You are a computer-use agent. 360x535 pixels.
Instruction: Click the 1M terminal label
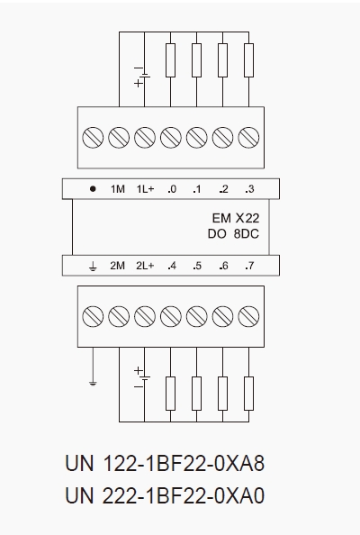point(118,188)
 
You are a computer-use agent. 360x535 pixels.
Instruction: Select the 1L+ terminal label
point(145,188)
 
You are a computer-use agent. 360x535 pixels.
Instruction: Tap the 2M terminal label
point(117,266)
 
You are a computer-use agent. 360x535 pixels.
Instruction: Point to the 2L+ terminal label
point(145,266)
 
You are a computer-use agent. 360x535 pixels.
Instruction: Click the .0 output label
point(172,188)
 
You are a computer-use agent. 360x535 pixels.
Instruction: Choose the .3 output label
point(249,188)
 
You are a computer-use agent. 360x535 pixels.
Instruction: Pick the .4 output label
point(172,266)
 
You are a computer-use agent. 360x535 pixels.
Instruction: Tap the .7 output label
point(249,266)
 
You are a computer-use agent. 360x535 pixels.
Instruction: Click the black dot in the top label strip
point(93,188)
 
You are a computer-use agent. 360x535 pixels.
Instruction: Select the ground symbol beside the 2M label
point(93,266)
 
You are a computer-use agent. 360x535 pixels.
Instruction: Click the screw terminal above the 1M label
point(119,138)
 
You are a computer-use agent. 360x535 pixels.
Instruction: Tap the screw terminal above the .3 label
point(248,138)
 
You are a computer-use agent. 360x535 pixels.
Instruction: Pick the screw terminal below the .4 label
point(171,316)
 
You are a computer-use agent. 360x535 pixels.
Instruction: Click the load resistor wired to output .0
point(170,60)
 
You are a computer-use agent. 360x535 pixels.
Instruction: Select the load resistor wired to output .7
point(249,394)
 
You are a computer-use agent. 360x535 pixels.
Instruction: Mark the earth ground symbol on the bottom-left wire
point(93,383)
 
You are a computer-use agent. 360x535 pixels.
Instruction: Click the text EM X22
point(236,218)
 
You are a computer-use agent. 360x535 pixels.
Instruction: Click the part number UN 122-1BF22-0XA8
point(165,463)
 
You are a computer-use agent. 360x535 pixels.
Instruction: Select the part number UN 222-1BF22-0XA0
point(165,495)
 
